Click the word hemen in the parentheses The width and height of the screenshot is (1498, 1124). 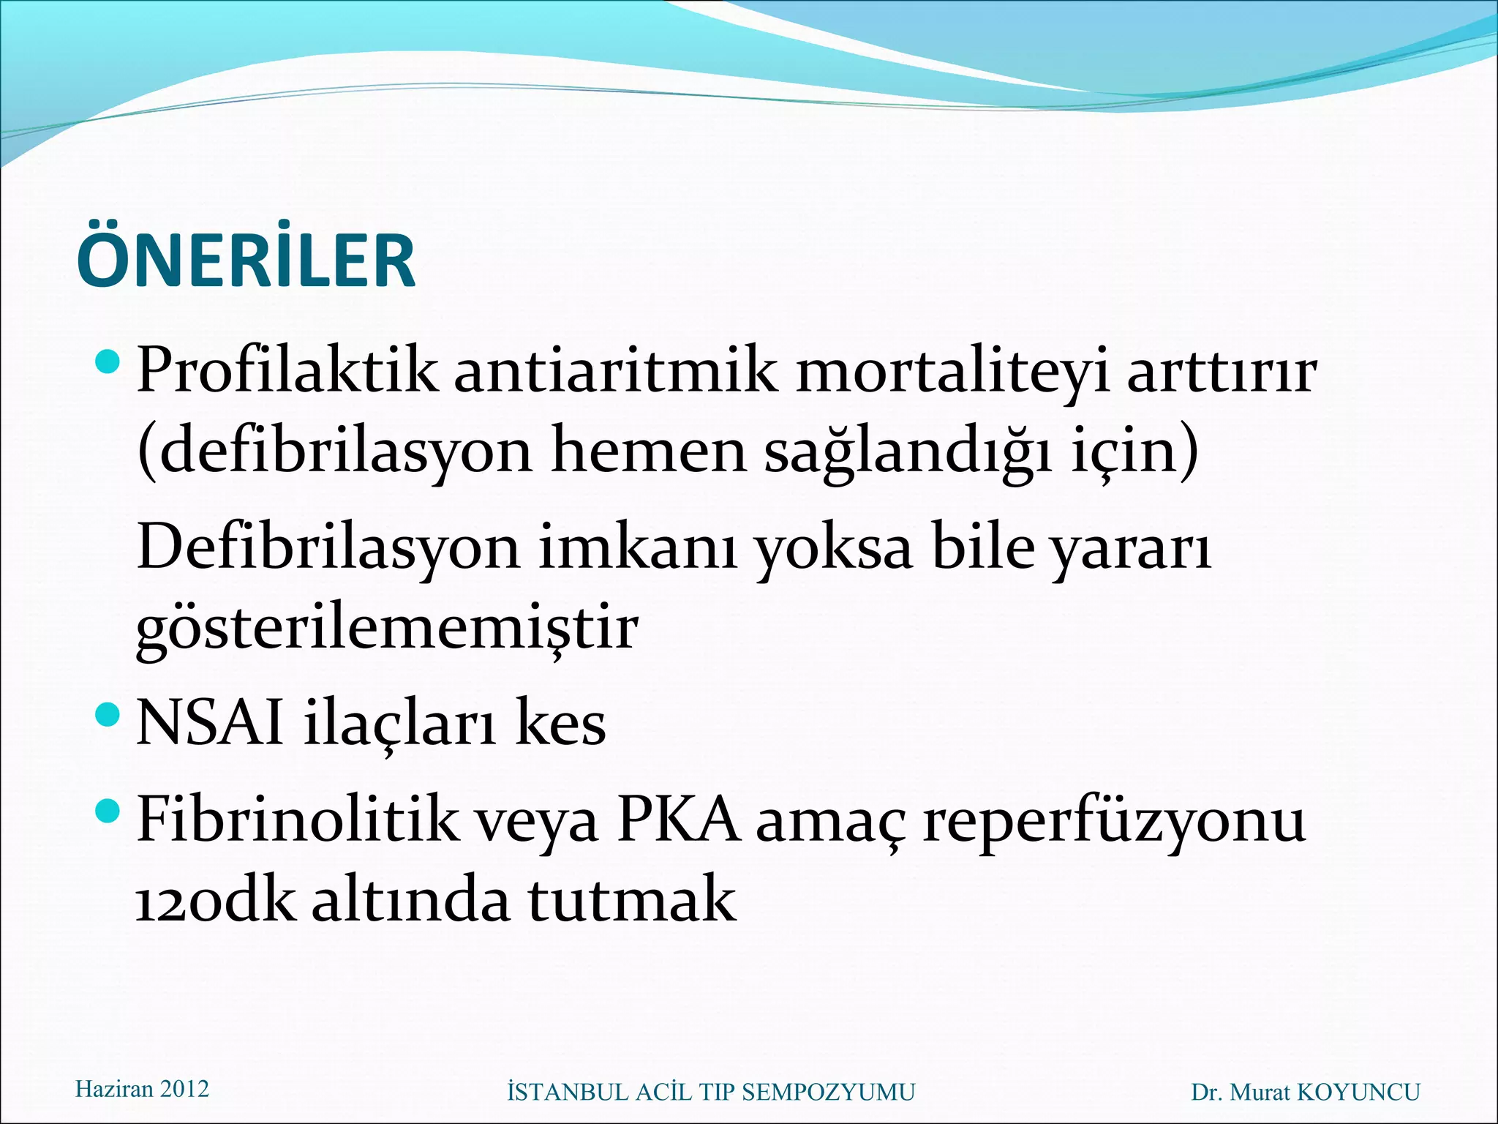[648, 450]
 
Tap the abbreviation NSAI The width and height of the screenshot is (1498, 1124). [210, 722]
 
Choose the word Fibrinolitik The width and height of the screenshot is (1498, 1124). [298, 820]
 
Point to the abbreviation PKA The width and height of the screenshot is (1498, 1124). [677, 820]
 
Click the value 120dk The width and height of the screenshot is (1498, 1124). [216, 900]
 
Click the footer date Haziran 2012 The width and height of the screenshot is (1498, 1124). [142, 1089]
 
